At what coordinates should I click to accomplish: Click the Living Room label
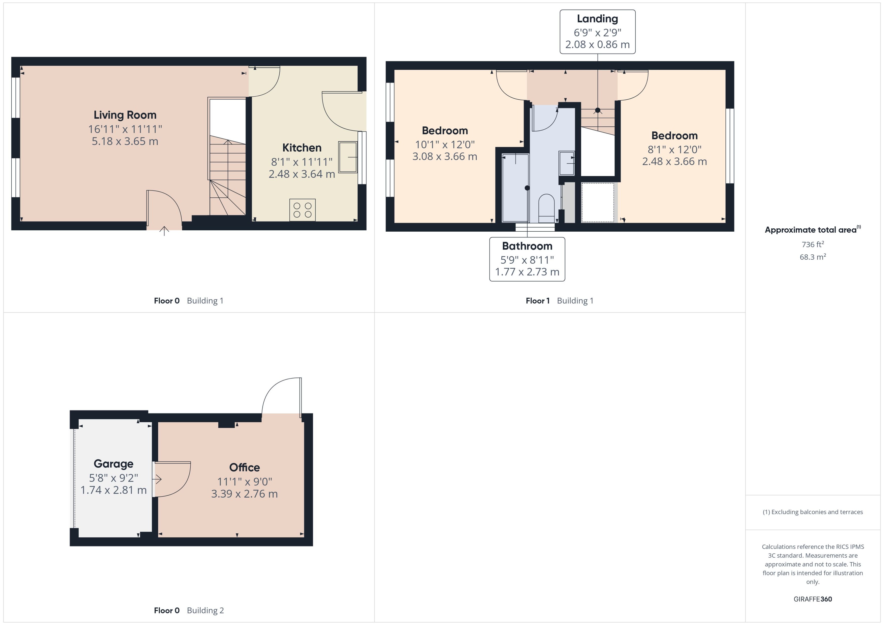pyautogui.click(x=125, y=115)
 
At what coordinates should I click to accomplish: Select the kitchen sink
pyautogui.click(x=348, y=157)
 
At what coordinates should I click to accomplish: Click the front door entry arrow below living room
pyautogui.click(x=164, y=231)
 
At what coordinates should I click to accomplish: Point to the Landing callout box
pyautogui.click(x=597, y=32)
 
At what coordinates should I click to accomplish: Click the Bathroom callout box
pyautogui.click(x=527, y=259)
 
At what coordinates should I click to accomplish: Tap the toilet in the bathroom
pyautogui.click(x=546, y=208)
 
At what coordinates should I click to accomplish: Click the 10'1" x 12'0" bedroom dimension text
pyautogui.click(x=445, y=144)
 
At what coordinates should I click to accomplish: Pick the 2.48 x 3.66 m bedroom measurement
pyautogui.click(x=674, y=161)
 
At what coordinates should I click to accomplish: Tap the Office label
pyautogui.click(x=244, y=467)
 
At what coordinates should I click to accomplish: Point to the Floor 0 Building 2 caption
pyautogui.click(x=189, y=610)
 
